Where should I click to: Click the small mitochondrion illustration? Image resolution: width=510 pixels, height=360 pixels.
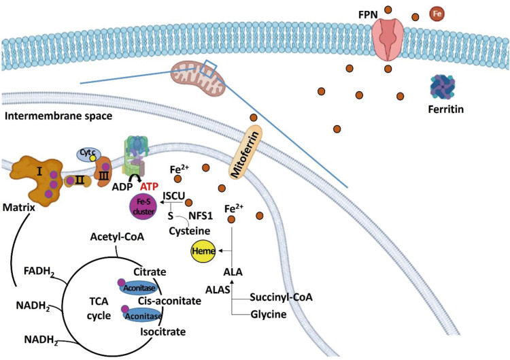point(198,76)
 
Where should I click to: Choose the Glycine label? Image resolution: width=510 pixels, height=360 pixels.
point(267,316)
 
